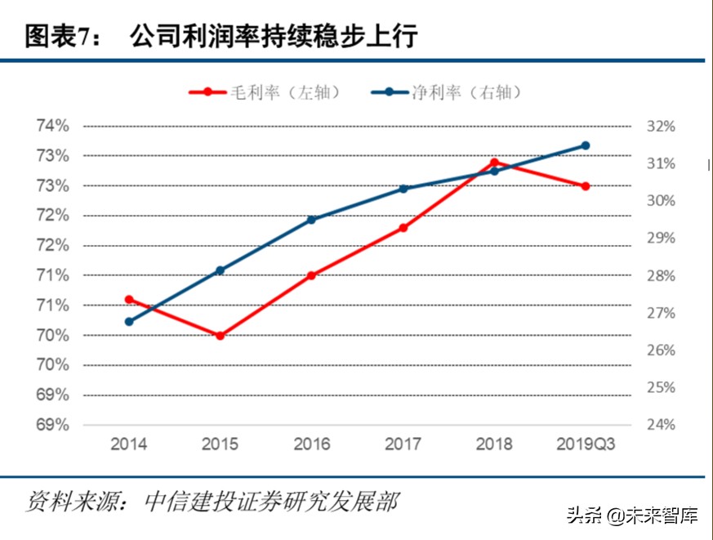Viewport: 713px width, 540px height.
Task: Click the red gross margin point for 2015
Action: [221, 336]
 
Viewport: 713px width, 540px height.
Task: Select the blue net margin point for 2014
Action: [129, 322]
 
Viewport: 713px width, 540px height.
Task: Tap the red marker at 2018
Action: [494, 163]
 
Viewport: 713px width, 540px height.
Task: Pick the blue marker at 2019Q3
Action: [586, 145]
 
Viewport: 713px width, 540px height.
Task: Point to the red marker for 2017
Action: [403, 228]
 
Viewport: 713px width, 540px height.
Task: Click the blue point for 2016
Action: [311, 220]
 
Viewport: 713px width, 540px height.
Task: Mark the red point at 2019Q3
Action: [586, 186]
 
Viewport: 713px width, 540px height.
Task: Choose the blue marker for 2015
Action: [221, 270]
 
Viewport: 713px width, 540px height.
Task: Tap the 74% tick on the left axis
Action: [51, 127]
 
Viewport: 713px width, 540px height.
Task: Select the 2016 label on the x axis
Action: [311, 444]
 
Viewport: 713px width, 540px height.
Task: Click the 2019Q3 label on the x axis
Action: [586, 444]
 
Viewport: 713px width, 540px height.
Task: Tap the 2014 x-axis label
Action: [129, 444]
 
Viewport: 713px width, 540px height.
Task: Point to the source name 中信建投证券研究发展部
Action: [270, 500]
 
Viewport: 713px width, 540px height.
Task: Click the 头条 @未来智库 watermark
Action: [633, 516]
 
